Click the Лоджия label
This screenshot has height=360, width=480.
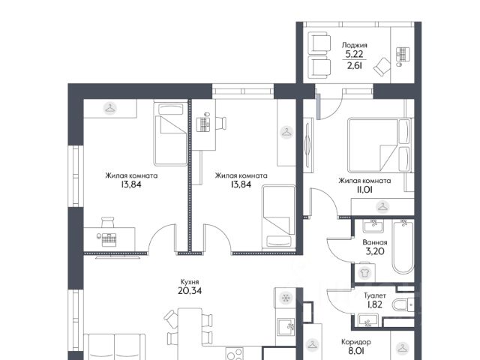pos(355,45)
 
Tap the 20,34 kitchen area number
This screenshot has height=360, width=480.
pos(190,290)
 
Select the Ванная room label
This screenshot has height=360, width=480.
pos(375,242)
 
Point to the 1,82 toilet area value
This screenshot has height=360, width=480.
pos(375,304)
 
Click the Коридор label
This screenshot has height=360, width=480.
pos(356,342)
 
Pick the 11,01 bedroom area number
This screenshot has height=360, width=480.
pos(363,190)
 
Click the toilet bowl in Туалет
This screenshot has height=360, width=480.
pos(403,305)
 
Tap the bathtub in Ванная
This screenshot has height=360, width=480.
pos(403,246)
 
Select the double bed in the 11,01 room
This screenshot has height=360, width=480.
pos(379,145)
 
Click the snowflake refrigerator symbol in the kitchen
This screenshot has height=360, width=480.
pos(286,297)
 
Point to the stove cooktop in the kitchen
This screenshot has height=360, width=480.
pos(235,354)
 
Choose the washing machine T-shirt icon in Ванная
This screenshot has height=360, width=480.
pos(364,273)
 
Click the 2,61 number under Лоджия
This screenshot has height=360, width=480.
pos(355,65)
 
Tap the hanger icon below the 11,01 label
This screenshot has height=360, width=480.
pos(382,207)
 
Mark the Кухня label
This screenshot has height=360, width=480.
pos(190,282)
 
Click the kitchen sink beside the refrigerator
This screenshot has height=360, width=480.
pos(286,328)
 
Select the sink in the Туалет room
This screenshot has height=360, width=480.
pos(367,320)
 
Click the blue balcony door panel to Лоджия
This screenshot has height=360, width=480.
pos(318,106)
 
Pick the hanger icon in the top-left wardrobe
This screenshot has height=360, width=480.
pos(110,108)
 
